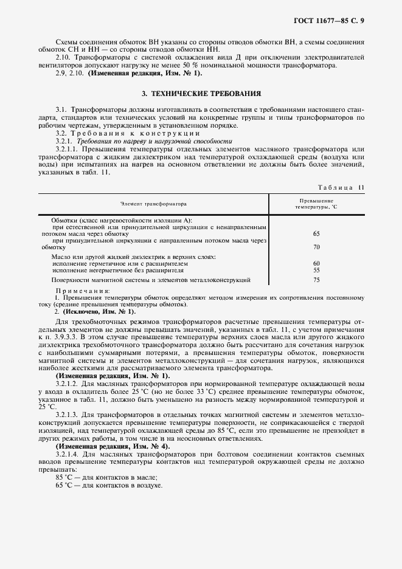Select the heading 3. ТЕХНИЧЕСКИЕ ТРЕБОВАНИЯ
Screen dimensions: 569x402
201,94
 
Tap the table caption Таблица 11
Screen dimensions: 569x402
341,188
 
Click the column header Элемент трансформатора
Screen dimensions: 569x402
153,204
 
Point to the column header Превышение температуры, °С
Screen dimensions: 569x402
316,204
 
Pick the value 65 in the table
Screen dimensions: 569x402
316,233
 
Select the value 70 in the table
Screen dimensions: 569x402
316,248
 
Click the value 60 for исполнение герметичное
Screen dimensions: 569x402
316,263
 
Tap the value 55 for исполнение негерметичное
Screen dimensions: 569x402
316,270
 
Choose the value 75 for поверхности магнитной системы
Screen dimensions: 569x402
316,280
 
